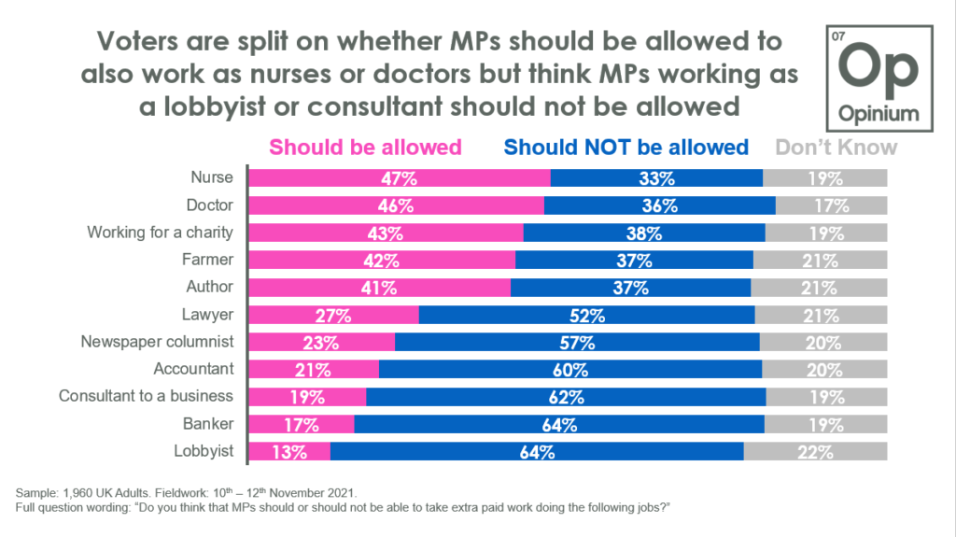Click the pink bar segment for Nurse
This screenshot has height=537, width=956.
399,178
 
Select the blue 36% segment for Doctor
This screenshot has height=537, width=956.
659,205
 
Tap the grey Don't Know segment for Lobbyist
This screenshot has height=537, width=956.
815,452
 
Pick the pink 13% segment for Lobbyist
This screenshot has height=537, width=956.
288,452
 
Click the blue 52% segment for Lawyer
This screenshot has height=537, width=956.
586,315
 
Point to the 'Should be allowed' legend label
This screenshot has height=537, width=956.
365,147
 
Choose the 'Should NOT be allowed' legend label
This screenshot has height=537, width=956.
626,147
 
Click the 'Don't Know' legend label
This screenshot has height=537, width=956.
836,147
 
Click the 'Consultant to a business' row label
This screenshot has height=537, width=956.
146,397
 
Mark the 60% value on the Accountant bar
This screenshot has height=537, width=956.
569,370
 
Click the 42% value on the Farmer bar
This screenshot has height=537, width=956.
383,261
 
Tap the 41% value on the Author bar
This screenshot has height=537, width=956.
381,288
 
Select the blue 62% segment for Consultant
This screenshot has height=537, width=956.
566,397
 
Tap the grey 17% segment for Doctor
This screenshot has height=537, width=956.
831,205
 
